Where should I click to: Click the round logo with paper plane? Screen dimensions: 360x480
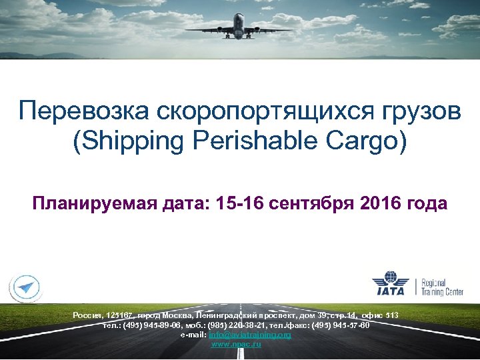[x=25, y=287]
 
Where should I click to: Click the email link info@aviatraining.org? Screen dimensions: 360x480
[x=250, y=335]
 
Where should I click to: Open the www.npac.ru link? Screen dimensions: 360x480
[x=236, y=344]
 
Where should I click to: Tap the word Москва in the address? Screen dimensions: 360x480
[x=178, y=314]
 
